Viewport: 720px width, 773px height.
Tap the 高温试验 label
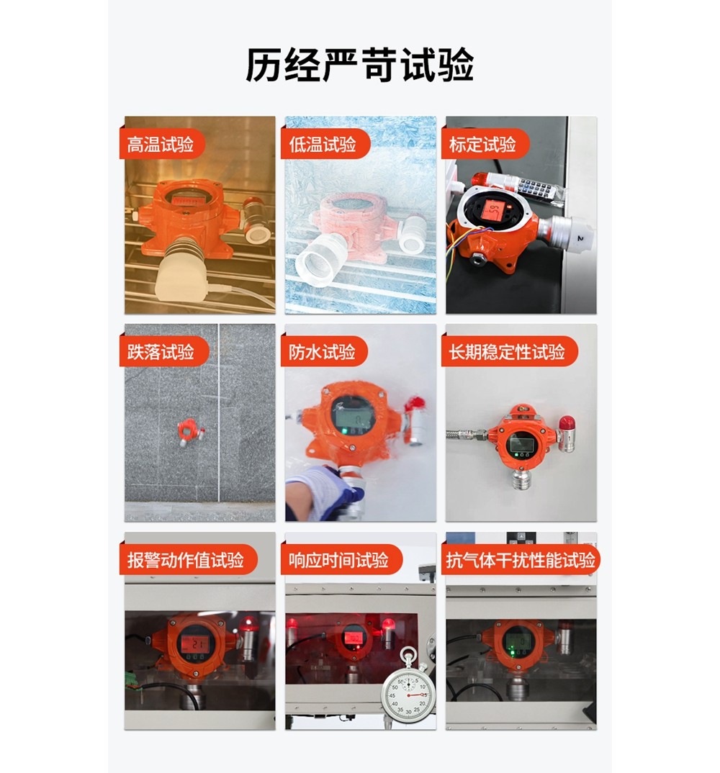click(x=161, y=145)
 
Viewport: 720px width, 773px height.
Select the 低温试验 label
click(x=323, y=145)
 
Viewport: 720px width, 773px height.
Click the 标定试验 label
click(x=482, y=145)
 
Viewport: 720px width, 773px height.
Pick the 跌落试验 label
click(x=161, y=352)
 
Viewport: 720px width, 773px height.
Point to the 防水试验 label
click(x=323, y=352)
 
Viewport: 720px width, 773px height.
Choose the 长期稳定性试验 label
click(x=507, y=352)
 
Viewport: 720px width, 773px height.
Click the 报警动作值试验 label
click(x=185, y=560)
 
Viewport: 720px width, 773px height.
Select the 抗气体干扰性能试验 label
click(x=521, y=560)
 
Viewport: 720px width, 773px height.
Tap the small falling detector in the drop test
click(x=189, y=430)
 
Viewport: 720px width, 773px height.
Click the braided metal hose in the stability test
click(x=467, y=435)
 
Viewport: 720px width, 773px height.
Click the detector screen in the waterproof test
click(x=354, y=415)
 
